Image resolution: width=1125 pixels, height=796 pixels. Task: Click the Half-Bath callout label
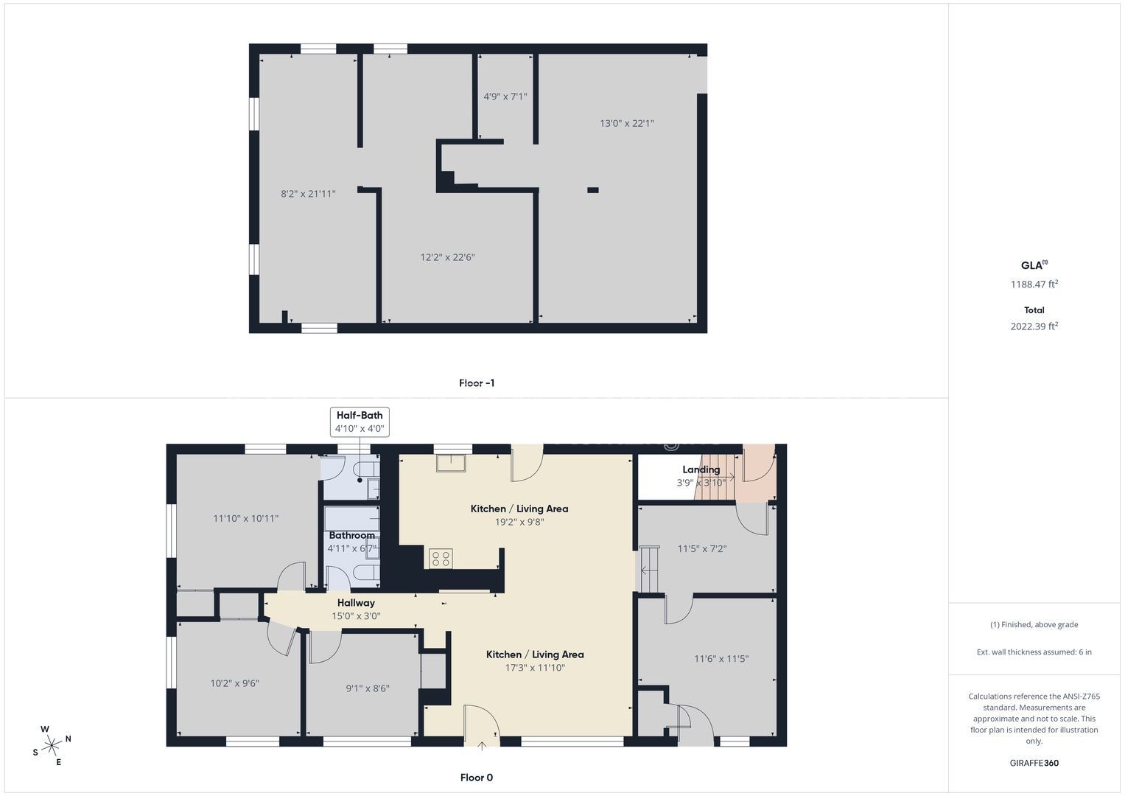click(360, 415)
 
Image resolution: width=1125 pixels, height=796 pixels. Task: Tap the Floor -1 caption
click(477, 383)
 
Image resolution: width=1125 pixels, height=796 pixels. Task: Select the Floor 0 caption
click(477, 778)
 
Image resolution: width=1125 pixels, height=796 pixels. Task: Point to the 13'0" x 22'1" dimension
click(627, 123)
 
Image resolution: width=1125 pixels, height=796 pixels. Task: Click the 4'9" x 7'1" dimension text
click(505, 96)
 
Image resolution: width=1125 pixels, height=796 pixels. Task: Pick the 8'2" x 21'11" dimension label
click(308, 193)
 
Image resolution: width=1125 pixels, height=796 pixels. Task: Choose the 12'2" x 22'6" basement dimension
click(447, 257)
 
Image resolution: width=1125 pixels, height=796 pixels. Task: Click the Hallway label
click(356, 603)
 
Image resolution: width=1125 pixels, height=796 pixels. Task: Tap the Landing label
click(701, 469)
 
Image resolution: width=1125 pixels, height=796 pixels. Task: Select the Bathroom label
click(351, 535)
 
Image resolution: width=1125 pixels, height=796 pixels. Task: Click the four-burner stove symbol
click(441, 559)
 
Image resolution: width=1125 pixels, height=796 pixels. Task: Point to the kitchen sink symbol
click(451, 463)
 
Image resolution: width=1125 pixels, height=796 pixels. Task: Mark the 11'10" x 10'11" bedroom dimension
click(245, 518)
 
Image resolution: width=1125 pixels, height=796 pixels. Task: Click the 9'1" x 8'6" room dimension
click(368, 688)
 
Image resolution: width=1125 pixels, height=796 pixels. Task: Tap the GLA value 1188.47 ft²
click(1034, 284)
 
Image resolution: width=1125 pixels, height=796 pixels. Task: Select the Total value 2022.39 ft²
click(1034, 326)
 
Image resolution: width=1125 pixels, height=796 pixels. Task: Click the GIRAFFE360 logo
click(1034, 763)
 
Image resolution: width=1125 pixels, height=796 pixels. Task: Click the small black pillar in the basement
click(593, 190)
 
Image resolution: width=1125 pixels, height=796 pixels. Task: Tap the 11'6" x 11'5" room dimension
click(721, 659)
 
